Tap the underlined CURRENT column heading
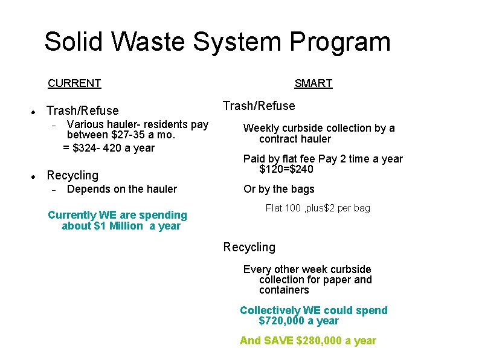pos(74,83)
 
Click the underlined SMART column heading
pos(313,83)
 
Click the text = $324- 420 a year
pos(109,148)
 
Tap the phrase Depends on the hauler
pos(122,189)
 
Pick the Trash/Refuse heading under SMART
pos(259,106)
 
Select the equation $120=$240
pos(286,169)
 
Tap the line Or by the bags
pos(278,189)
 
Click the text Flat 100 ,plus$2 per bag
pos(318,208)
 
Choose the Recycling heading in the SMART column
pos(249,247)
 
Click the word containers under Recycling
pos(284,290)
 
